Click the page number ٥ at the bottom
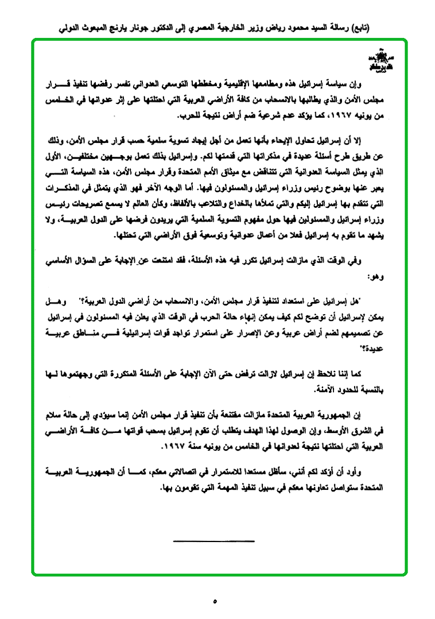[x=215, y=602]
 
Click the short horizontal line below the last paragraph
[x=213, y=541]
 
